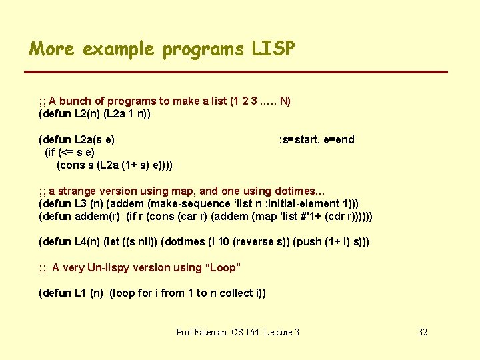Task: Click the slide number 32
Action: point(422,332)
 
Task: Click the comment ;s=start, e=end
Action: point(317,139)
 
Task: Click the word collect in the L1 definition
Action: point(236,293)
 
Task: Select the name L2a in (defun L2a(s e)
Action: point(85,139)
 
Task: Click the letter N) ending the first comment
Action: point(285,101)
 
